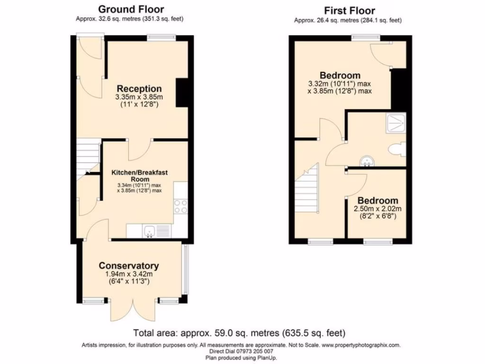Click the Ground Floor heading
click(x=131, y=9)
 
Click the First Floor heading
click(x=350, y=10)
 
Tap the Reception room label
click(x=139, y=89)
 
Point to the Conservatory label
click(x=128, y=265)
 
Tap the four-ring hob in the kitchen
click(x=181, y=207)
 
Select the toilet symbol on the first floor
click(x=396, y=150)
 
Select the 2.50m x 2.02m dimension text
click(x=377, y=209)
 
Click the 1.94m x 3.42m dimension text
click(x=128, y=274)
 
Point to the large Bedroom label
click(x=340, y=75)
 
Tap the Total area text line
click(x=239, y=332)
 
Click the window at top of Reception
click(x=161, y=37)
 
